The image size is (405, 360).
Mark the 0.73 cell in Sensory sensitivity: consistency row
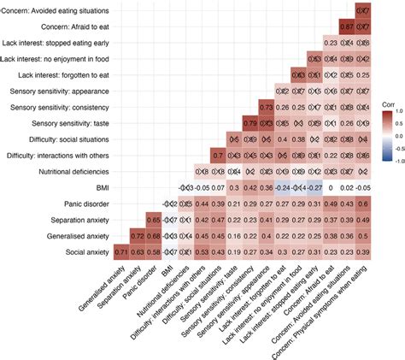(265, 107)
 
